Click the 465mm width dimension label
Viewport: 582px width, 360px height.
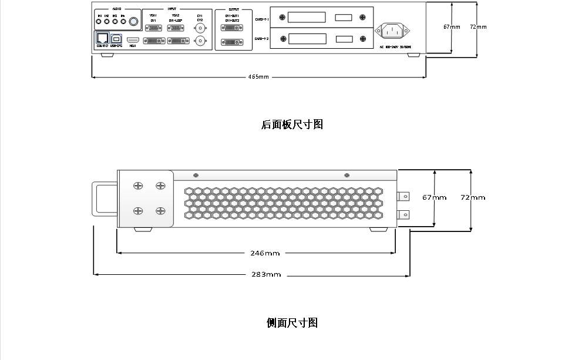pos(258,77)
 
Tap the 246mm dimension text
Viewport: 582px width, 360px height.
pos(265,253)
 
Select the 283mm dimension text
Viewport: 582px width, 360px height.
pos(266,274)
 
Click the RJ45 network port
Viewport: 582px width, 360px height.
pos(102,38)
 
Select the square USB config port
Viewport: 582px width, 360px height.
pos(116,38)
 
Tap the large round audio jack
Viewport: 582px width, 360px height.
pos(134,22)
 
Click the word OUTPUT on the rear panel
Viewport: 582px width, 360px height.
pos(233,10)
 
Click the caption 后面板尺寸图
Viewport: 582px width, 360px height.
pos(292,125)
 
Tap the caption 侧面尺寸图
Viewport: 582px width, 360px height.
pos(292,323)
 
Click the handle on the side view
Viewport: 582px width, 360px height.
pos(105,199)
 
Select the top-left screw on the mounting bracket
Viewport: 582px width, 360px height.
pos(138,186)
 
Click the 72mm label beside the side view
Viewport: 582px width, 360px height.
pos(473,197)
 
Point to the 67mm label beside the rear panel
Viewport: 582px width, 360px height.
pos(452,27)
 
